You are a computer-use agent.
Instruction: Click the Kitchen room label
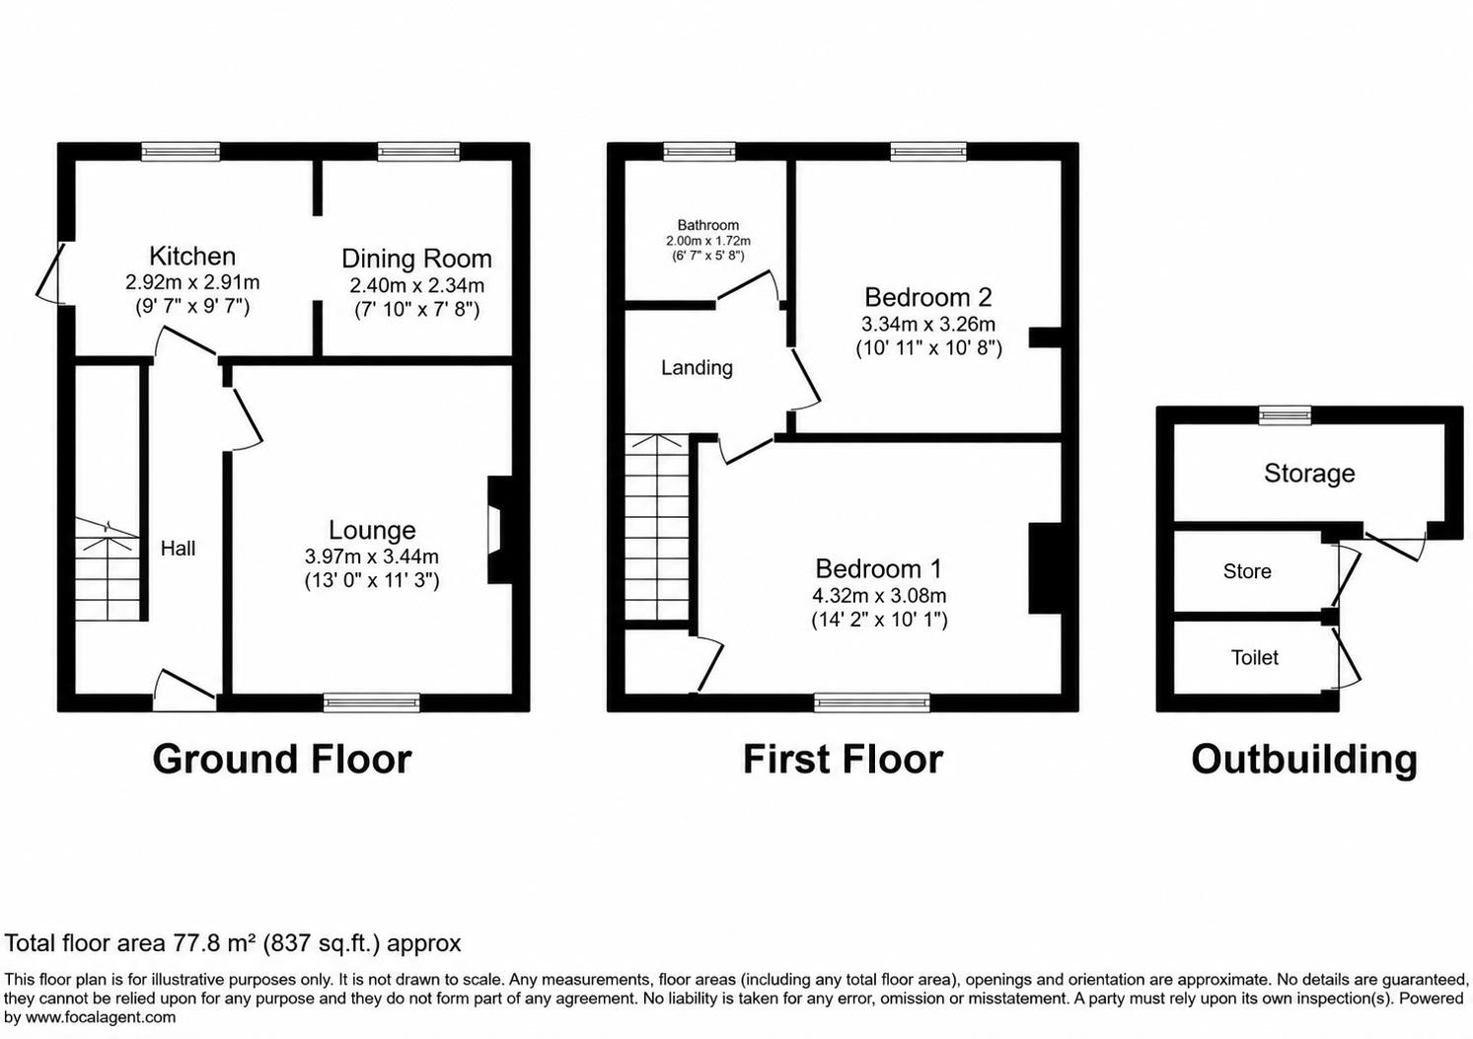pos(192,256)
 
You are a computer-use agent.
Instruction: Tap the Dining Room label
pos(417,259)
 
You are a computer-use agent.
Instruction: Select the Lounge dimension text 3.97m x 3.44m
pos(372,557)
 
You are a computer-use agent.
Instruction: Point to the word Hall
pos(179,548)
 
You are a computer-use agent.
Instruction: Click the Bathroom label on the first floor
pos(708,225)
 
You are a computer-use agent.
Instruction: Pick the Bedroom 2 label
pos(927,297)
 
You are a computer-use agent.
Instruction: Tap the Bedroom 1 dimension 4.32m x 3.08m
pos(879,596)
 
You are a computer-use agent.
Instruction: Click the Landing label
pos(698,368)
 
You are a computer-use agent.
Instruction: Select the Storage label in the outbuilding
pos(1309,474)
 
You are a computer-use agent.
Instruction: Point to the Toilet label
pos(1255,657)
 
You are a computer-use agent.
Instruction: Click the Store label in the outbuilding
pos(1247,571)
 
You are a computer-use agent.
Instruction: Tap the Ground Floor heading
pos(282,760)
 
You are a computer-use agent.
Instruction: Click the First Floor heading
pos(843,760)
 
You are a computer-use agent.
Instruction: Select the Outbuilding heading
pos(1304,760)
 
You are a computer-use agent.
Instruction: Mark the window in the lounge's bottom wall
pos(372,703)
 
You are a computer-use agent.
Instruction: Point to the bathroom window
pos(700,152)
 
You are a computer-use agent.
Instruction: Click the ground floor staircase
pos(108,568)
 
